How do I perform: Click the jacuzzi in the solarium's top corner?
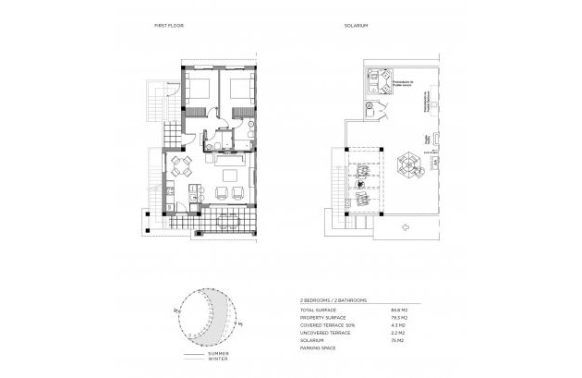tap(377, 82)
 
